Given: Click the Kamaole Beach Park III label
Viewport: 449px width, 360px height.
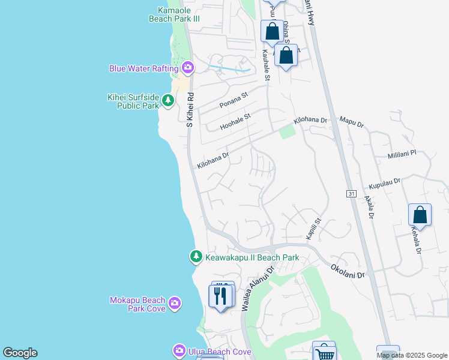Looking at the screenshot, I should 174,14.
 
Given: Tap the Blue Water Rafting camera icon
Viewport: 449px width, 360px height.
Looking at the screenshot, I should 188,68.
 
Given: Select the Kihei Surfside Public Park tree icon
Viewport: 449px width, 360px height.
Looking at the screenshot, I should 168,101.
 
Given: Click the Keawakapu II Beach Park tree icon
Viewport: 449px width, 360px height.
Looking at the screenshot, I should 196,257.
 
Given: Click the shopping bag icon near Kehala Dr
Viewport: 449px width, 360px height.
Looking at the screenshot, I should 420,215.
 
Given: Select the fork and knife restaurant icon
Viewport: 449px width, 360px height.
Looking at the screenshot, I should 220,296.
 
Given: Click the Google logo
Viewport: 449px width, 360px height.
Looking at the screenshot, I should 20,353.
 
